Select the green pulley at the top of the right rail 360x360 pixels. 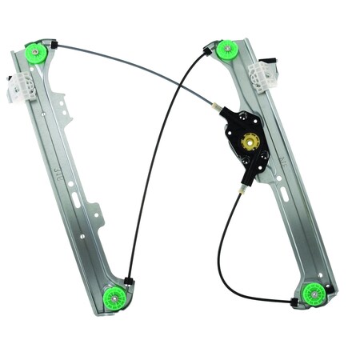point(228,50)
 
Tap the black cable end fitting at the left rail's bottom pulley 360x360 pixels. point(128,281)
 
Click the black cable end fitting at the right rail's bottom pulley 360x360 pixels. point(294,302)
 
